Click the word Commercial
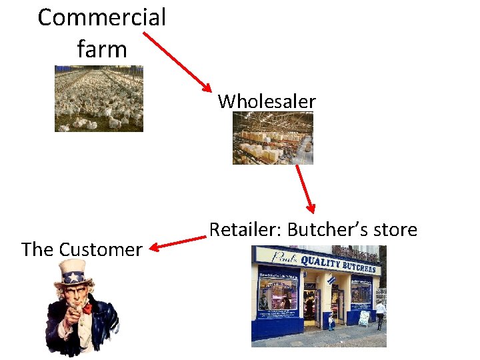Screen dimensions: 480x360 101,17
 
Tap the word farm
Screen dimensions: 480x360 101,49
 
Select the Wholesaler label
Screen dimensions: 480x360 267,101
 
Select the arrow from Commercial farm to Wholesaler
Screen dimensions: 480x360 177,61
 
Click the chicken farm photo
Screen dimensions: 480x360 99,98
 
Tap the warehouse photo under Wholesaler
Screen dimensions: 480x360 273,138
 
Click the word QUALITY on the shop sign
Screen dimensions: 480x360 320,261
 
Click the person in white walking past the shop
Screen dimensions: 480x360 380,314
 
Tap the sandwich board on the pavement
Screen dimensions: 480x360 365,318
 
